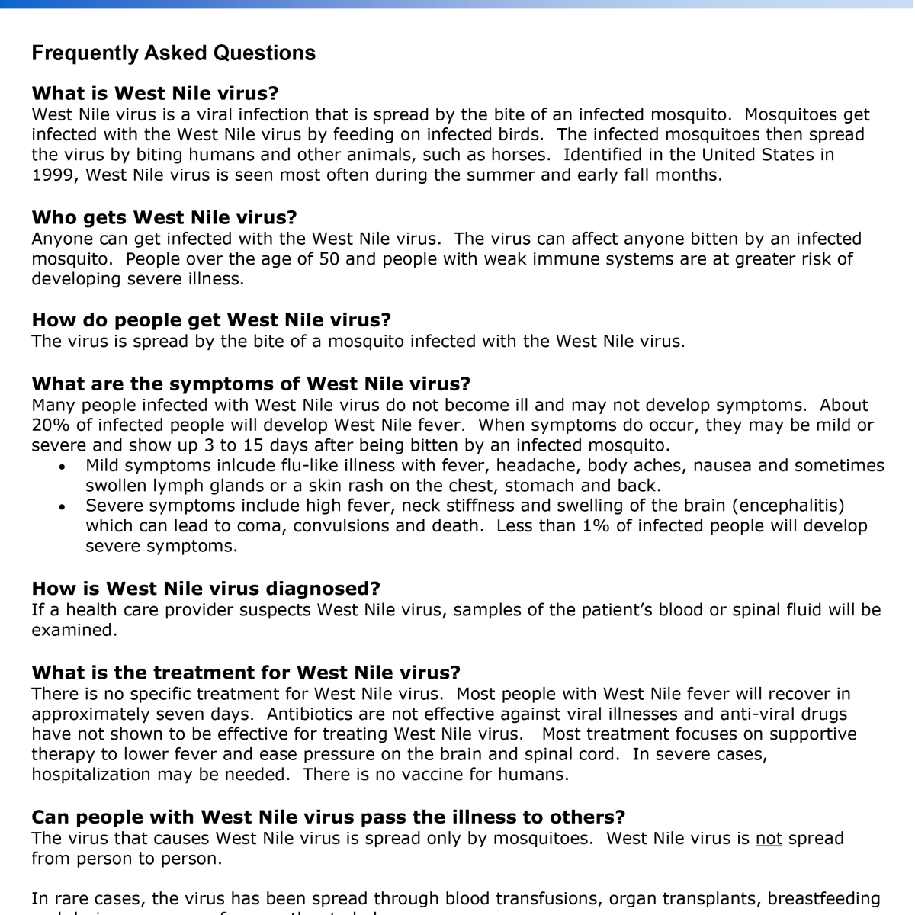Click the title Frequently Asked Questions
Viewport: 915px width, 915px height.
[x=173, y=53]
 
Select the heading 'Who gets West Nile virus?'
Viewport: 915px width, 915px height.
[x=164, y=218]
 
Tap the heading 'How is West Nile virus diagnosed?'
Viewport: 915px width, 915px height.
[x=206, y=589]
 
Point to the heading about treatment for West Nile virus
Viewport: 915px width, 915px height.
[x=246, y=673]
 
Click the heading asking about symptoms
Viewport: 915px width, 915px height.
[x=251, y=384]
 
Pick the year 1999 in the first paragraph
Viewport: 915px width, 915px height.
[x=53, y=175]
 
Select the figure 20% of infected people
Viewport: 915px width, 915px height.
[x=50, y=425]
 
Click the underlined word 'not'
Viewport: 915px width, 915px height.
[x=769, y=839]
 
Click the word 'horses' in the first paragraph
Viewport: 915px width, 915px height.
[x=522, y=155]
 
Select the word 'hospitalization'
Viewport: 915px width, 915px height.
[x=91, y=775]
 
